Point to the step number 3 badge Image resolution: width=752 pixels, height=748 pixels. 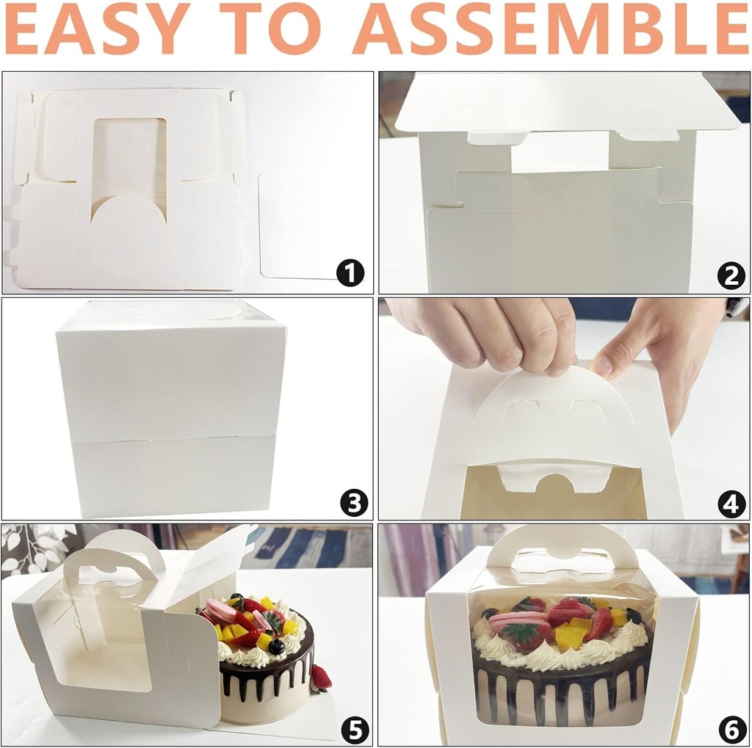tap(353, 503)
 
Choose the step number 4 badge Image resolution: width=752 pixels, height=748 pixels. tap(731, 504)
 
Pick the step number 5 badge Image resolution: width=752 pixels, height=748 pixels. tap(355, 729)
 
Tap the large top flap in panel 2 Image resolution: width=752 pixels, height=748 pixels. tap(565, 103)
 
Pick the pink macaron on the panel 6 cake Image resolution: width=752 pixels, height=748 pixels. tap(518, 621)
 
